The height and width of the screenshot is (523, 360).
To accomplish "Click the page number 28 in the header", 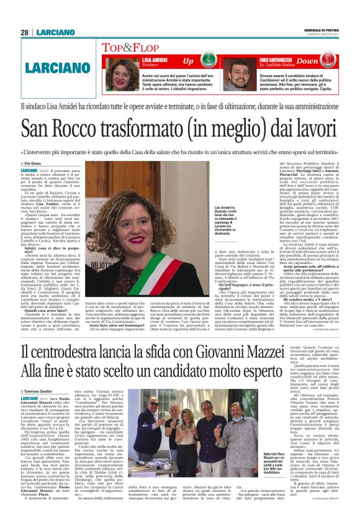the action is click(x=24, y=32).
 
